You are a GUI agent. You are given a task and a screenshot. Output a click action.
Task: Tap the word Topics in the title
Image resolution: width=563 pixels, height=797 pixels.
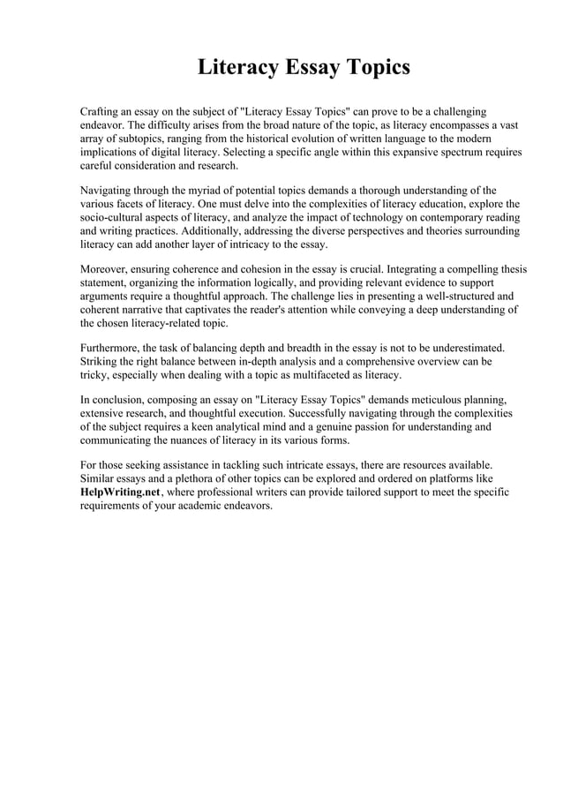375,67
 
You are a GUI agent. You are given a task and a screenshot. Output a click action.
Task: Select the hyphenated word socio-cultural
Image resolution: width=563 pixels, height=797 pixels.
116,216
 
